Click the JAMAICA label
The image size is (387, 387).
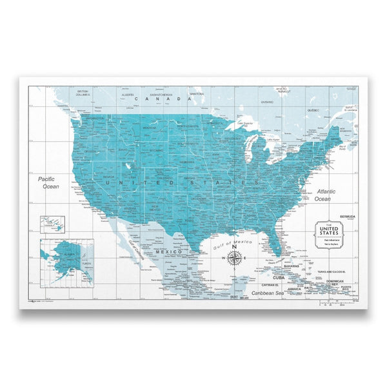293,289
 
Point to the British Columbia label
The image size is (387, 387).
83,93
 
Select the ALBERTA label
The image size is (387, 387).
128,95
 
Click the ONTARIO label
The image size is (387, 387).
266,102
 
